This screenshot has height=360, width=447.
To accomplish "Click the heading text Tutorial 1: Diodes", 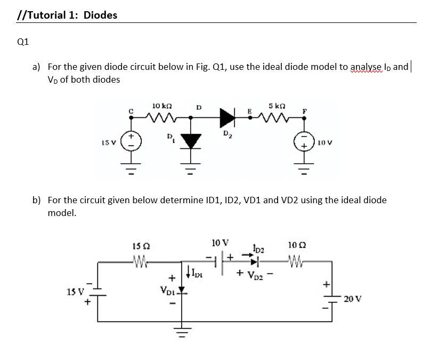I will click(x=67, y=15).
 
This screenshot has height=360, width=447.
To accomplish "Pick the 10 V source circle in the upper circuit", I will click(x=305, y=142).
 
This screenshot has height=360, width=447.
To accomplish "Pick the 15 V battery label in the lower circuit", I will click(x=75, y=292).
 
